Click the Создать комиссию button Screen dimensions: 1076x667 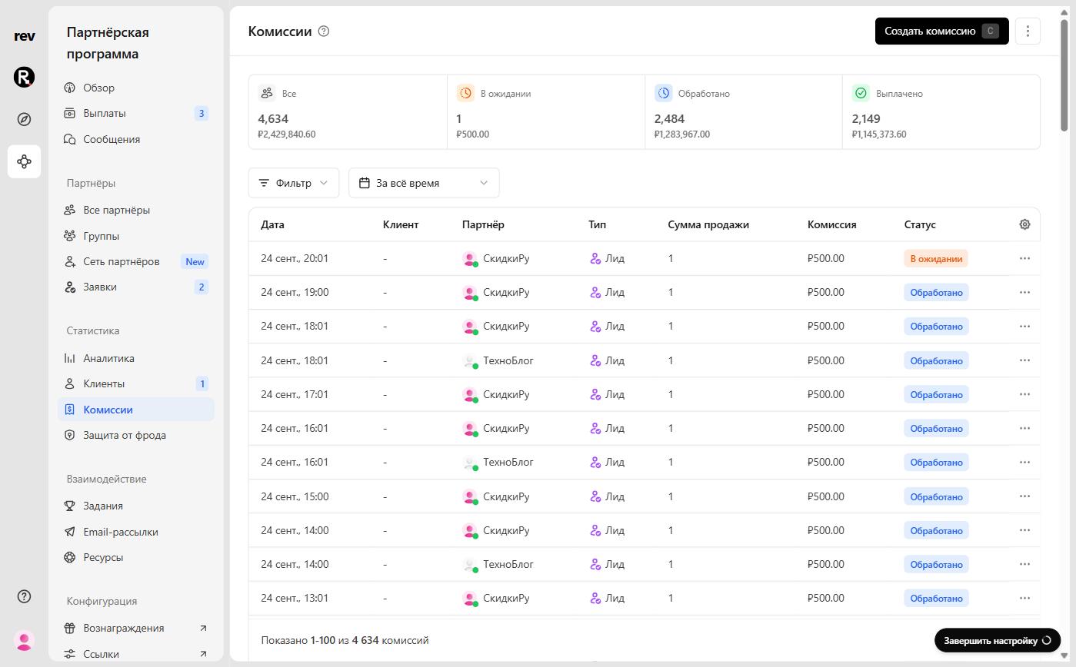pyautogui.click(x=941, y=32)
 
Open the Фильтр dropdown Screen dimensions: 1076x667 pyautogui.click(x=294, y=183)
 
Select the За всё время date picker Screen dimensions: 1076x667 pyautogui.click(x=424, y=183)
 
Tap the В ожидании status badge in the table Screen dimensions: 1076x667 pyautogui.click(x=936, y=259)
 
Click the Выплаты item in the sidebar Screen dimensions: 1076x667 pyautogui.click(x=105, y=113)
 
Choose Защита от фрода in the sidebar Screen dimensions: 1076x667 pyautogui.click(x=125, y=435)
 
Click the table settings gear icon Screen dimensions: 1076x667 pyautogui.click(x=1024, y=224)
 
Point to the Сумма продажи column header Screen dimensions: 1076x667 pyautogui.click(x=708, y=224)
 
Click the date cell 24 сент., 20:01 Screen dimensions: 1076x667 pyautogui.click(x=295, y=259)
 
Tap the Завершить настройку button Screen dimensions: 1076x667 pyautogui.click(x=998, y=641)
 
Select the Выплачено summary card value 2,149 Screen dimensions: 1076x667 pyautogui.click(x=866, y=119)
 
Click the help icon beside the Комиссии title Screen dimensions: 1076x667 pyautogui.click(x=324, y=32)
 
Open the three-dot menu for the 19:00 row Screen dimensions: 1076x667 pyautogui.click(x=1024, y=292)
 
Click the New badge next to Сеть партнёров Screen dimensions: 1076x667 pyautogui.click(x=195, y=262)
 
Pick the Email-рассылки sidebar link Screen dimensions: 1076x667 pyautogui.click(x=121, y=532)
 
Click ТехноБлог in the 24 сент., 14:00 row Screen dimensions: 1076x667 pyautogui.click(x=508, y=564)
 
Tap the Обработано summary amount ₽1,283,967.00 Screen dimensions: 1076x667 pyautogui.click(x=682, y=134)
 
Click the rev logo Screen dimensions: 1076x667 pyautogui.click(x=24, y=36)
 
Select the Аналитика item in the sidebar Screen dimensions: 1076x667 pyautogui.click(x=108, y=358)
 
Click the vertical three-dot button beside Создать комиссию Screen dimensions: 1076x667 pyautogui.click(x=1028, y=32)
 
